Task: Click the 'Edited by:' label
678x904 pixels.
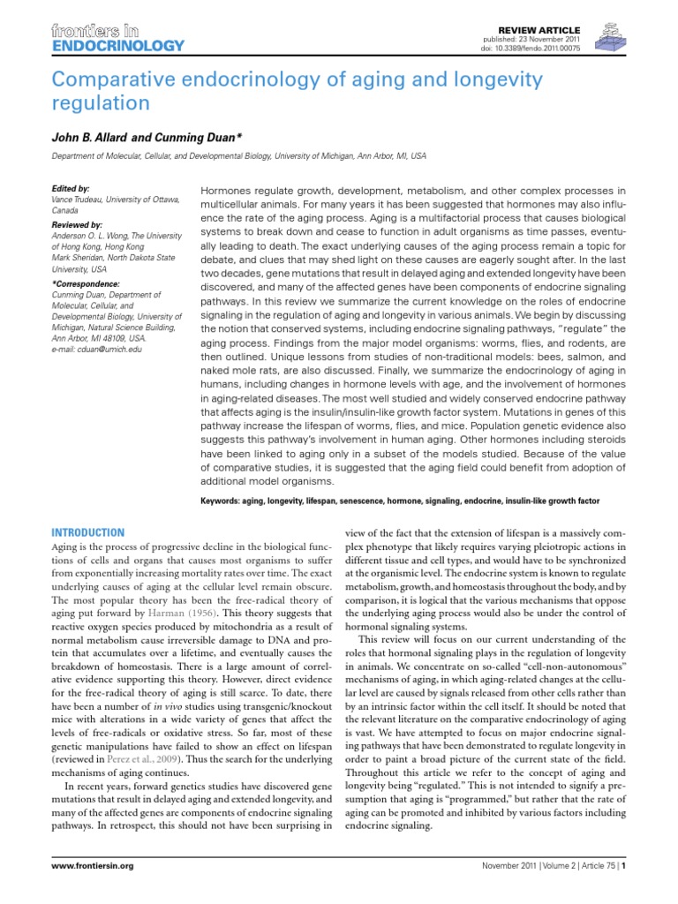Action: [x=72, y=189]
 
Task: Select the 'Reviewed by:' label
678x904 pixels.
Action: [x=78, y=225]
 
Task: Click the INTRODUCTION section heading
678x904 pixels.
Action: [x=88, y=532]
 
